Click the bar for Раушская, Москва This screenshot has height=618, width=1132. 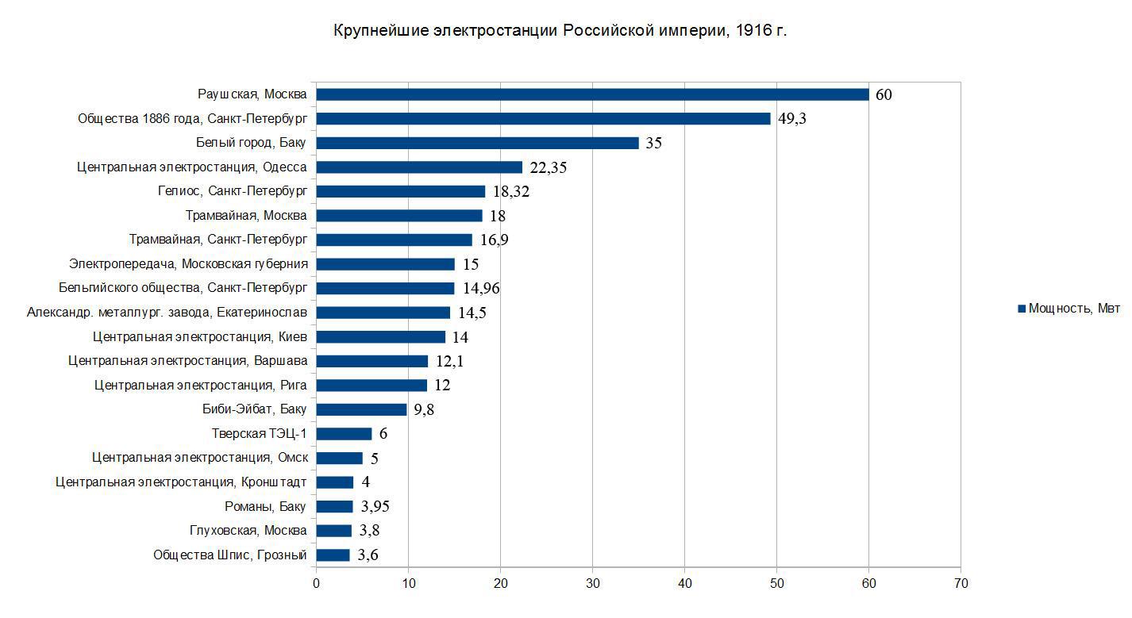pos(592,94)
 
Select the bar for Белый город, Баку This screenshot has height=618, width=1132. pos(478,143)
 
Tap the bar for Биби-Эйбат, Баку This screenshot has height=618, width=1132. pos(361,409)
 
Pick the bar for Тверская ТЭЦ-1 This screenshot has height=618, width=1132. pos(345,434)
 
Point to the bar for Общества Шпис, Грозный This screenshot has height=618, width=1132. pos(333,555)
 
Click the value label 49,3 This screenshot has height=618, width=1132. pos(792,119)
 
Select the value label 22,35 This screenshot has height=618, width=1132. pos(549,167)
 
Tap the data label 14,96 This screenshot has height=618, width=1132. pos(481,288)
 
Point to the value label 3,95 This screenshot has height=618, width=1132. pos(375,506)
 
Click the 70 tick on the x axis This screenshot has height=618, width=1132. pos(961,584)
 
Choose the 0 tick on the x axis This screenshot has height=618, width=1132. pos(317,584)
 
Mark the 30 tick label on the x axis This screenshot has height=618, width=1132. pos(593,584)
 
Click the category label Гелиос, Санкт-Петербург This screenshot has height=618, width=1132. pos(233,191)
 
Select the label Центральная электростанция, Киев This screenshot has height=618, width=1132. pos(199,337)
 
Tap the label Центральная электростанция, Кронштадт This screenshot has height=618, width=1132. pos(181,482)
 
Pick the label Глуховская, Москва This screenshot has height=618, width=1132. pos(248,531)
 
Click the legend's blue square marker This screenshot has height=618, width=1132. pos(1022,309)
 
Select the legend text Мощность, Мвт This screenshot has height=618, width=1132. pos(1074,308)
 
